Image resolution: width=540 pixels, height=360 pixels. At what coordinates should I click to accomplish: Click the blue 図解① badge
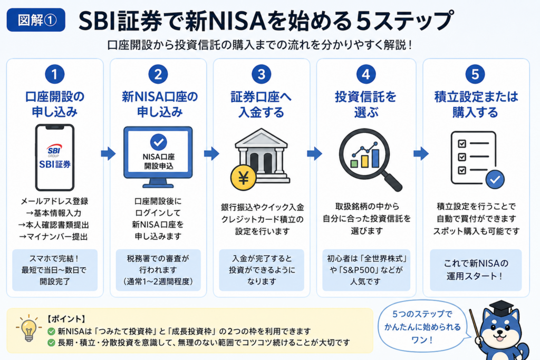click(x=36, y=20)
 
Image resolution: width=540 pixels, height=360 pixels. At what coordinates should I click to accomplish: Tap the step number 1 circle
click(x=55, y=74)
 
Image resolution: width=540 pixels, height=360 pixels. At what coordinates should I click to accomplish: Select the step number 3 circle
click(x=262, y=74)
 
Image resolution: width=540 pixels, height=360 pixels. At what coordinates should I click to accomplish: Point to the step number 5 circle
click(x=475, y=74)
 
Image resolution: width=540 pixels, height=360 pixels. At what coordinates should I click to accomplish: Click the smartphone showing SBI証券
click(x=55, y=157)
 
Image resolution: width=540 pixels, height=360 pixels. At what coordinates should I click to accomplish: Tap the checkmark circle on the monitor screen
click(x=158, y=142)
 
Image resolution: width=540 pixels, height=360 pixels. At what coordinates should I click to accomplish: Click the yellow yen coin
click(x=244, y=178)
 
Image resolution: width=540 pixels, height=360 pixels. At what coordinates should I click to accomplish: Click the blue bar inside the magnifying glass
click(x=375, y=158)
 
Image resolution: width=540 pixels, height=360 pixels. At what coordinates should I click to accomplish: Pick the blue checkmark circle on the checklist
click(x=495, y=179)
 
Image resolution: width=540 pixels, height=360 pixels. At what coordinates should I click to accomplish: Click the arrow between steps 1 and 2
click(x=108, y=153)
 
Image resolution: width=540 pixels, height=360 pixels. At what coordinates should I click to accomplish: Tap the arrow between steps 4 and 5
click(x=421, y=153)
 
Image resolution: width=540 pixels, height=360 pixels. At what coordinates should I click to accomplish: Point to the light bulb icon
click(x=29, y=329)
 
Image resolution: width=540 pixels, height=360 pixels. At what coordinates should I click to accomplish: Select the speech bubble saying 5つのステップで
click(x=423, y=326)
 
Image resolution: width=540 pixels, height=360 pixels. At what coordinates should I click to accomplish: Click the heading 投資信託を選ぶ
click(x=366, y=104)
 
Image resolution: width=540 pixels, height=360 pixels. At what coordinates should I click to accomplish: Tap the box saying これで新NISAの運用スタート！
click(x=476, y=270)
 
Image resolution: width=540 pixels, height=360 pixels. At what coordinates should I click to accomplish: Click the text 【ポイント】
click(x=66, y=319)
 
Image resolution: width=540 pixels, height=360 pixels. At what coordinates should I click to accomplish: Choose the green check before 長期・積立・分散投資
click(x=51, y=343)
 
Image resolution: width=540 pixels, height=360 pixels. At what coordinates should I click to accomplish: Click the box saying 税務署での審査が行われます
click(x=158, y=270)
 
